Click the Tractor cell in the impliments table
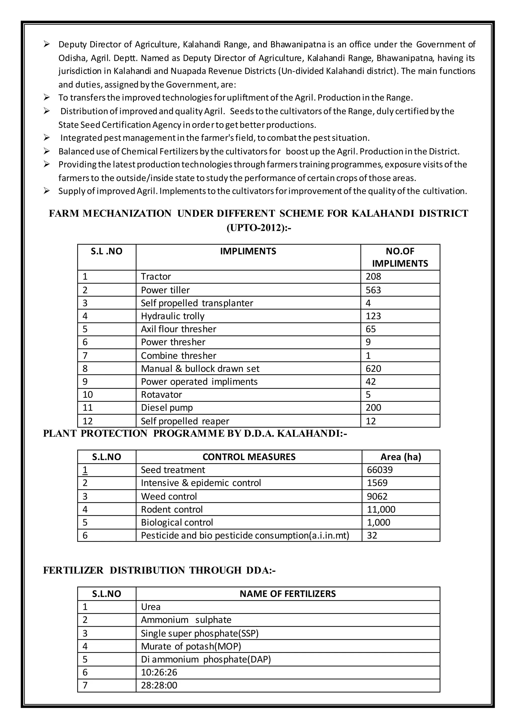[156, 277]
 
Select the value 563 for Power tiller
[373, 290]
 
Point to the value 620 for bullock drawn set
[373, 369]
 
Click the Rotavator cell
[161, 394]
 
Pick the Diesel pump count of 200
[373, 407]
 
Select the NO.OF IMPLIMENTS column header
[400, 257]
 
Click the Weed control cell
[169, 496]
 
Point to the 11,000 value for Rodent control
[381, 509]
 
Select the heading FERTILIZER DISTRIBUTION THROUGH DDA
[159, 570]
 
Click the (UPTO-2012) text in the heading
[259, 228]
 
